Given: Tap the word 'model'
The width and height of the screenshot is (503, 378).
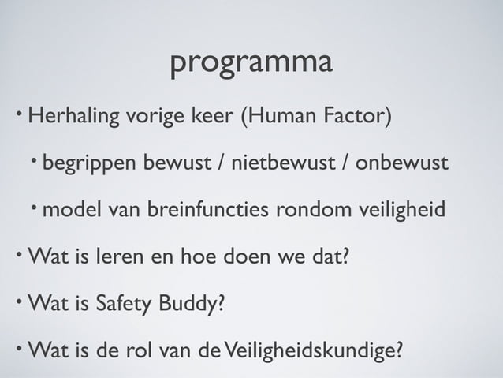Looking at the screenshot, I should point(71,211).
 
